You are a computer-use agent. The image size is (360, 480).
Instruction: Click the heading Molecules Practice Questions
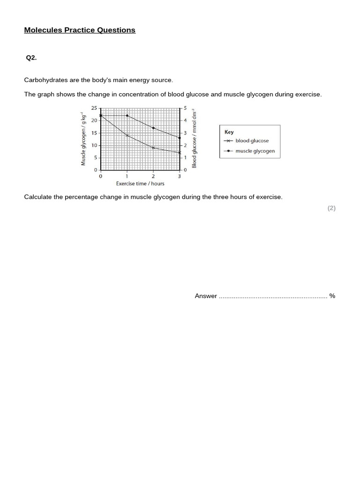click(80, 30)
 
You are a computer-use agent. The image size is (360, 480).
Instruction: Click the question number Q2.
click(31, 58)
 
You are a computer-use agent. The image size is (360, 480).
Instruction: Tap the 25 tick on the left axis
click(94, 108)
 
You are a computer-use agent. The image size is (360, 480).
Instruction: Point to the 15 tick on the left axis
click(94, 133)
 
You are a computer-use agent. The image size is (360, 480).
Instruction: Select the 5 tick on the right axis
click(185, 108)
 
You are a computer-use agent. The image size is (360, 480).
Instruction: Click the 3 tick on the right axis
click(185, 133)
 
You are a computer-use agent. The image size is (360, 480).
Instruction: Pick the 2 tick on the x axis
click(153, 176)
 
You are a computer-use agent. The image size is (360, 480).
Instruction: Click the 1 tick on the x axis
click(127, 176)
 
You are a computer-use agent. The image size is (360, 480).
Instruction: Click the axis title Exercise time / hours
click(140, 184)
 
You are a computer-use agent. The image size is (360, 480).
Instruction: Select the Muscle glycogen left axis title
click(83, 139)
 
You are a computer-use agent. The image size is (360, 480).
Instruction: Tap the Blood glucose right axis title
click(195, 139)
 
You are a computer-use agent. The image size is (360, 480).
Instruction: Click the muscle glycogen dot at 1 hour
click(127, 115)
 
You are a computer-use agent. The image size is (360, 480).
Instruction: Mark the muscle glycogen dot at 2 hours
click(153, 128)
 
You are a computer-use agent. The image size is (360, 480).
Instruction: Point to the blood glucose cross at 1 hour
click(127, 135)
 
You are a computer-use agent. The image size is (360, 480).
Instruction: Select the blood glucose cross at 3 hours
click(180, 152)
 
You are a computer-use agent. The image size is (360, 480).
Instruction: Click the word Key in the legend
click(229, 132)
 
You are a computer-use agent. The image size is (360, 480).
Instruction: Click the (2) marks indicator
click(331, 208)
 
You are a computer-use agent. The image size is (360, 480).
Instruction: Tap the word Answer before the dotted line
click(206, 296)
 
